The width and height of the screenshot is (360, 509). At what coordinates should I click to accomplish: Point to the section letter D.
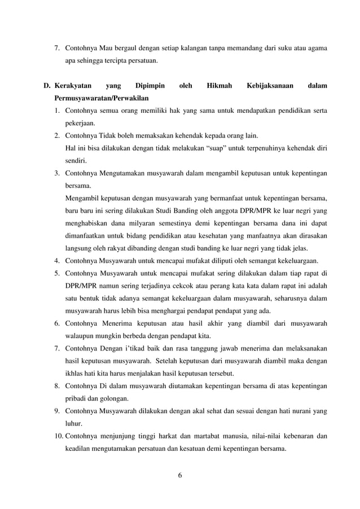click(48, 86)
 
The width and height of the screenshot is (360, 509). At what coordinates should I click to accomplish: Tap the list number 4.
click(58, 260)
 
